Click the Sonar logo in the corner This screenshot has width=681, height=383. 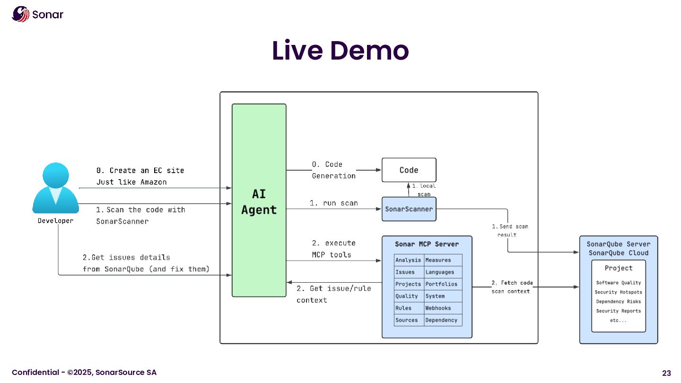[37, 14]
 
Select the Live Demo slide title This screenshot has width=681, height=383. [340, 51]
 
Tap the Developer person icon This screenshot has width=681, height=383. [55, 188]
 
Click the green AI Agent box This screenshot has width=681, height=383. [259, 200]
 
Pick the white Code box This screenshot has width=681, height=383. [409, 170]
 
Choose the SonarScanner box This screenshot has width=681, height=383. [409, 209]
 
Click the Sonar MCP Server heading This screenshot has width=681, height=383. [427, 244]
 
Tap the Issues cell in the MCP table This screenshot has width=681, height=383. [405, 272]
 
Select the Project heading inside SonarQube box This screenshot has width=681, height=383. [618, 268]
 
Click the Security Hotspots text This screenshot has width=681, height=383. [618, 292]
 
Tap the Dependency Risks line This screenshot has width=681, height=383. [618, 302]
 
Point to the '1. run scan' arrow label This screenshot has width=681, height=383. [333, 203]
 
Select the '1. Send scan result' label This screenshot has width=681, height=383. [510, 230]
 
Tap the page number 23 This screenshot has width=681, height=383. [666, 373]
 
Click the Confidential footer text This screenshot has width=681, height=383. [84, 373]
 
